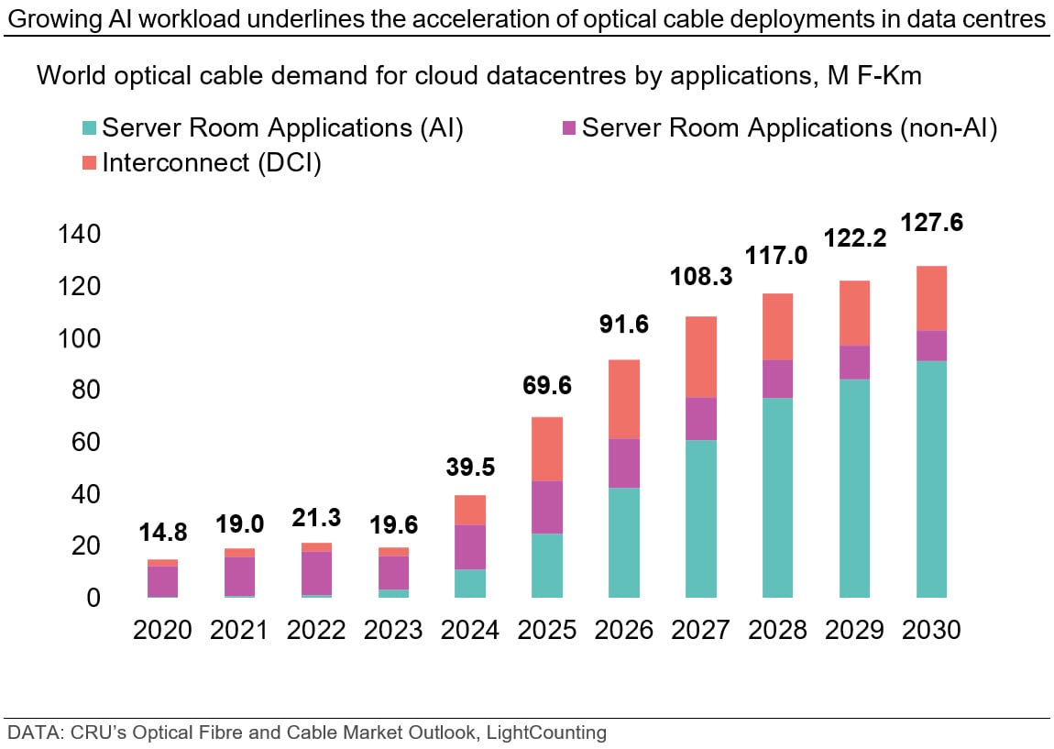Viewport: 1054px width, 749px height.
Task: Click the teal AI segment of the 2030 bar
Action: click(931, 479)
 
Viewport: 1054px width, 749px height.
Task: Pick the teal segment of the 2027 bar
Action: click(702, 518)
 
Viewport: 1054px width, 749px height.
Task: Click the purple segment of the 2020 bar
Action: click(162, 581)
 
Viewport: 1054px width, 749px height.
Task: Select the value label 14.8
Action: click(162, 531)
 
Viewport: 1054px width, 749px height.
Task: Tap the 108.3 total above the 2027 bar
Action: click(702, 275)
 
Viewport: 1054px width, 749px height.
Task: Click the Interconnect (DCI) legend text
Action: click(212, 164)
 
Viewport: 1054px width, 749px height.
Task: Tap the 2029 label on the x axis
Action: click(854, 631)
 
